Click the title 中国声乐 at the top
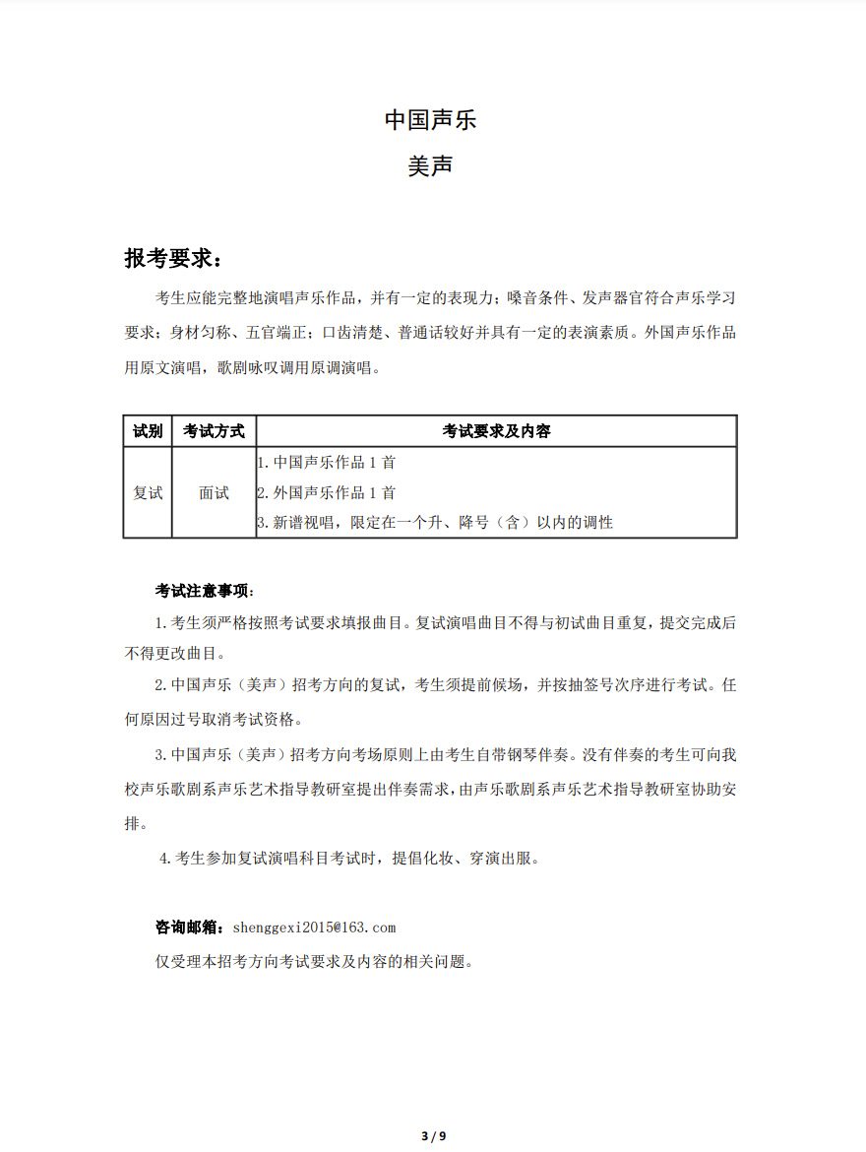[x=430, y=120]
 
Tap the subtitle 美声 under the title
[x=430, y=166]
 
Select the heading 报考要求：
[x=173, y=258]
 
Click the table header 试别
[x=148, y=431]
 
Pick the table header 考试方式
[x=214, y=431]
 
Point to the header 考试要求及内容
[x=496, y=431]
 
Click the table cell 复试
[x=148, y=492]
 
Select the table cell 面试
[x=214, y=492]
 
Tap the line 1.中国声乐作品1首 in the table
[x=327, y=462]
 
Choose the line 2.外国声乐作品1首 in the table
[x=327, y=492]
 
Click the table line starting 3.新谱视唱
[x=435, y=523]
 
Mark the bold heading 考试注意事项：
[x=205, y=592]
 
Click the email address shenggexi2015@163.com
[x=314, y=928]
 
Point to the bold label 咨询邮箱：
[x=191, y=928]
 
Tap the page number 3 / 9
[x=433, y=1136]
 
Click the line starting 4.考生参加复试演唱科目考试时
[x=350, y=859]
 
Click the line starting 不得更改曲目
[x=175, y=653]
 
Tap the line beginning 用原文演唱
[x=251, y=368]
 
